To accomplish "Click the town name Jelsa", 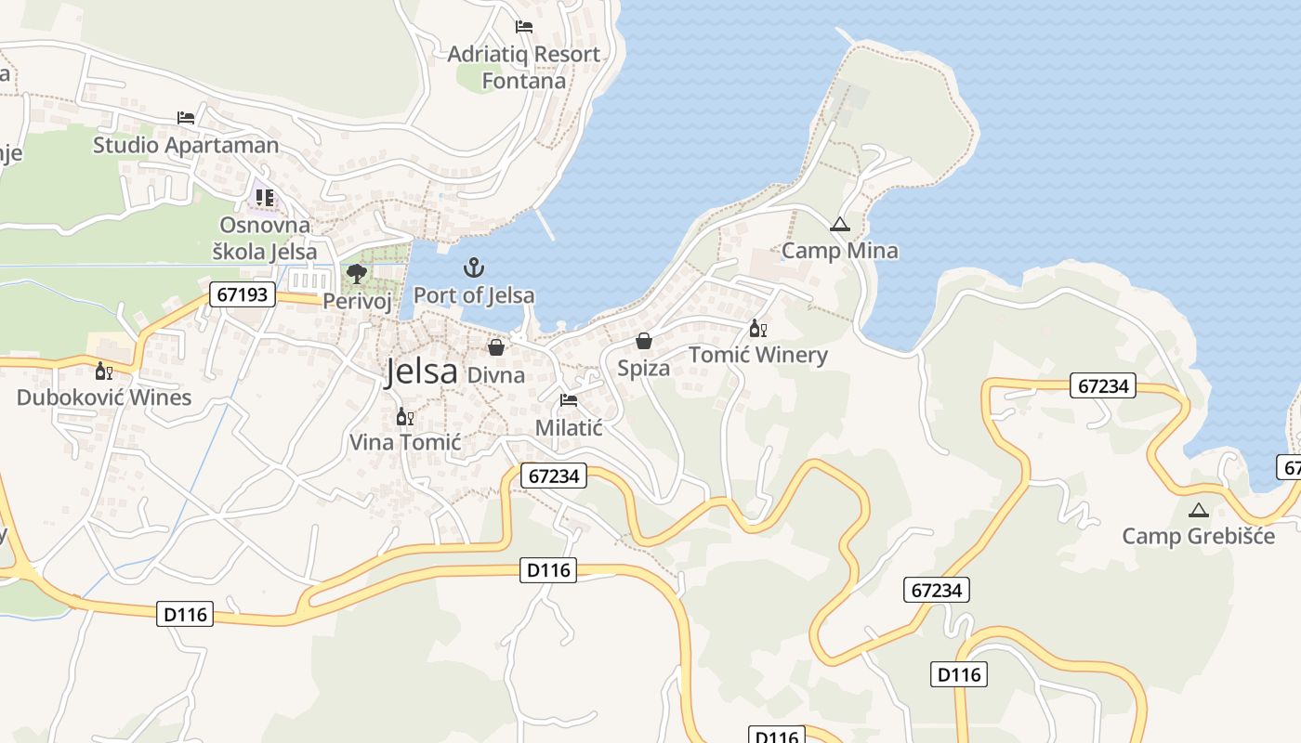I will pyautogui.click(x=422, y=371).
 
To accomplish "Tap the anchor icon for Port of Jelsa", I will pyautogui.click(x=474, y=268).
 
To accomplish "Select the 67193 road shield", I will pyautogui.click(x=243, y=295).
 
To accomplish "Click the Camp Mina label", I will pyautogui.click(x=839, y=251).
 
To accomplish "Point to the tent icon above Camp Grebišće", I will pyautogui.click(x=1198, y=510).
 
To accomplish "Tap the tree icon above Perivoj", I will pyautogui.click(x=356, y=273).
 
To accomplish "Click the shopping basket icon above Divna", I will pyautogui.click(x=496, y=347).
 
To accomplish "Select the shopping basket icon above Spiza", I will pyautogui.click(x=644, y=341).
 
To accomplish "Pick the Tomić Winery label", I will pyautogui.click(x=757, y=355).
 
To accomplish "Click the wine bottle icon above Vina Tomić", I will pyautogui.click(x=405, y=416).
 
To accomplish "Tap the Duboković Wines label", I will pyautogui.click(x=104, y=398).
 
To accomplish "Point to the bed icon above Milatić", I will pyautogui.click(x=569, y=400).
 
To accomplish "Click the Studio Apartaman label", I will pyautogui.click(x=186, y=145).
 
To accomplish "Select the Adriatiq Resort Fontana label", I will pyautogui.click(x=524, y=68).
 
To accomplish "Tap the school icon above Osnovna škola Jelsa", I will pyautogui.click(x=266, y=198).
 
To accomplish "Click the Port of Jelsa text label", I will pyautogui.click(x=474, y=295).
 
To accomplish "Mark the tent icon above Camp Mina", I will pyautogui.click(x=839, y=224).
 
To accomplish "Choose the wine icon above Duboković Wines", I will pyautogui.click(x=104, y=371).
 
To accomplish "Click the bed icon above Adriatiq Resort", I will pyautogui.click(x=524, y=27).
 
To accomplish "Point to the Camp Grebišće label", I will pyautogui.click(x=1198, y=536).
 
